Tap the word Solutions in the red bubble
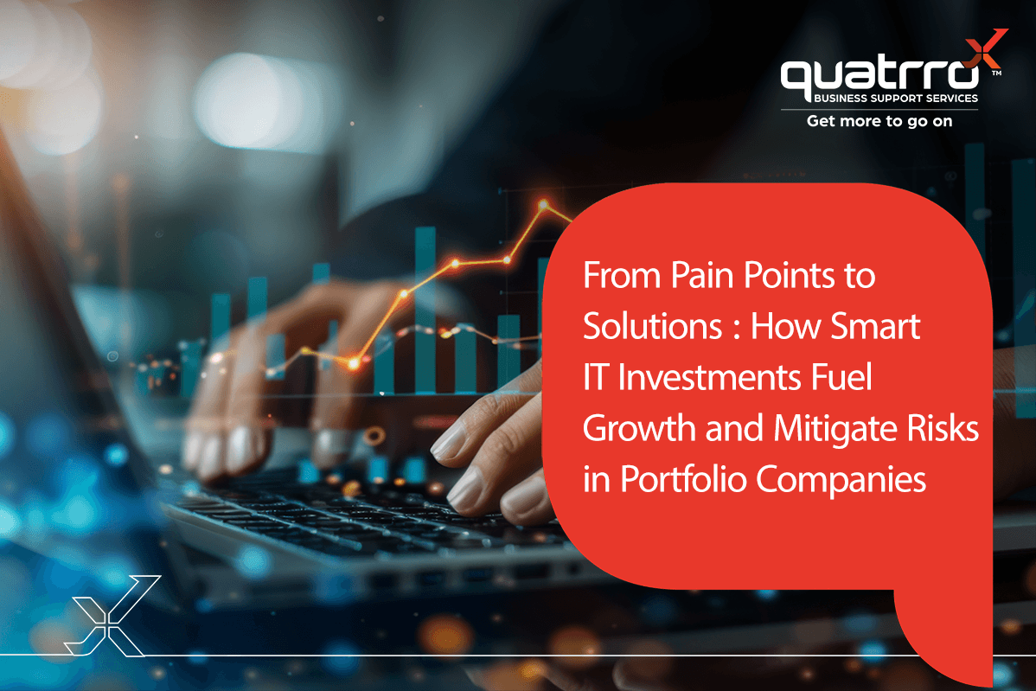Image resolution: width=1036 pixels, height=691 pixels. tap(652, 326)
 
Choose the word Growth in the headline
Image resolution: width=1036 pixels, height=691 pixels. tap(640, 428)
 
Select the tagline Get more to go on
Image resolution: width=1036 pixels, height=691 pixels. tap(879, 121)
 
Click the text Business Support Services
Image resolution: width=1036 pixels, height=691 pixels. tap(895, 99)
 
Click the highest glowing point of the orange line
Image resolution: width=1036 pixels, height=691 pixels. tap(543, 206)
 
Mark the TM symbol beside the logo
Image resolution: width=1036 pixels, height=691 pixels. tap(997, 74)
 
